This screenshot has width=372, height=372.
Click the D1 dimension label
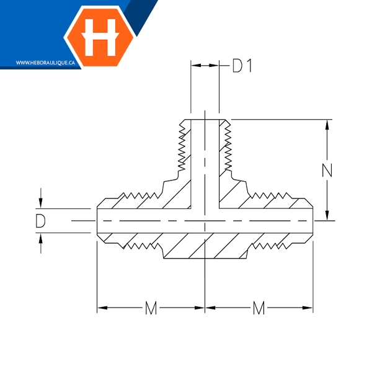tap(242, 66)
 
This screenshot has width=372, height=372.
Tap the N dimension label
tap(327, 170)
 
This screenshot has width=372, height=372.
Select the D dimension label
tap(40, 221)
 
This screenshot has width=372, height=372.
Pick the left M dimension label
tap(151, 308)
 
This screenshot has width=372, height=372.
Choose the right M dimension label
tap(259, 308)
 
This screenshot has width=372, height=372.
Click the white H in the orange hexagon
tap(100, 37)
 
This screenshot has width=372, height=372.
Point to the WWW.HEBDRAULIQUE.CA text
tap(45, 63)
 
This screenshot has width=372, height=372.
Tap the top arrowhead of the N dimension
tap(327, 125)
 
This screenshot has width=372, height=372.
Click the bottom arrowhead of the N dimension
tap(327, 215)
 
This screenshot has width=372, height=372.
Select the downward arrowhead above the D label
tap(41, 203)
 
